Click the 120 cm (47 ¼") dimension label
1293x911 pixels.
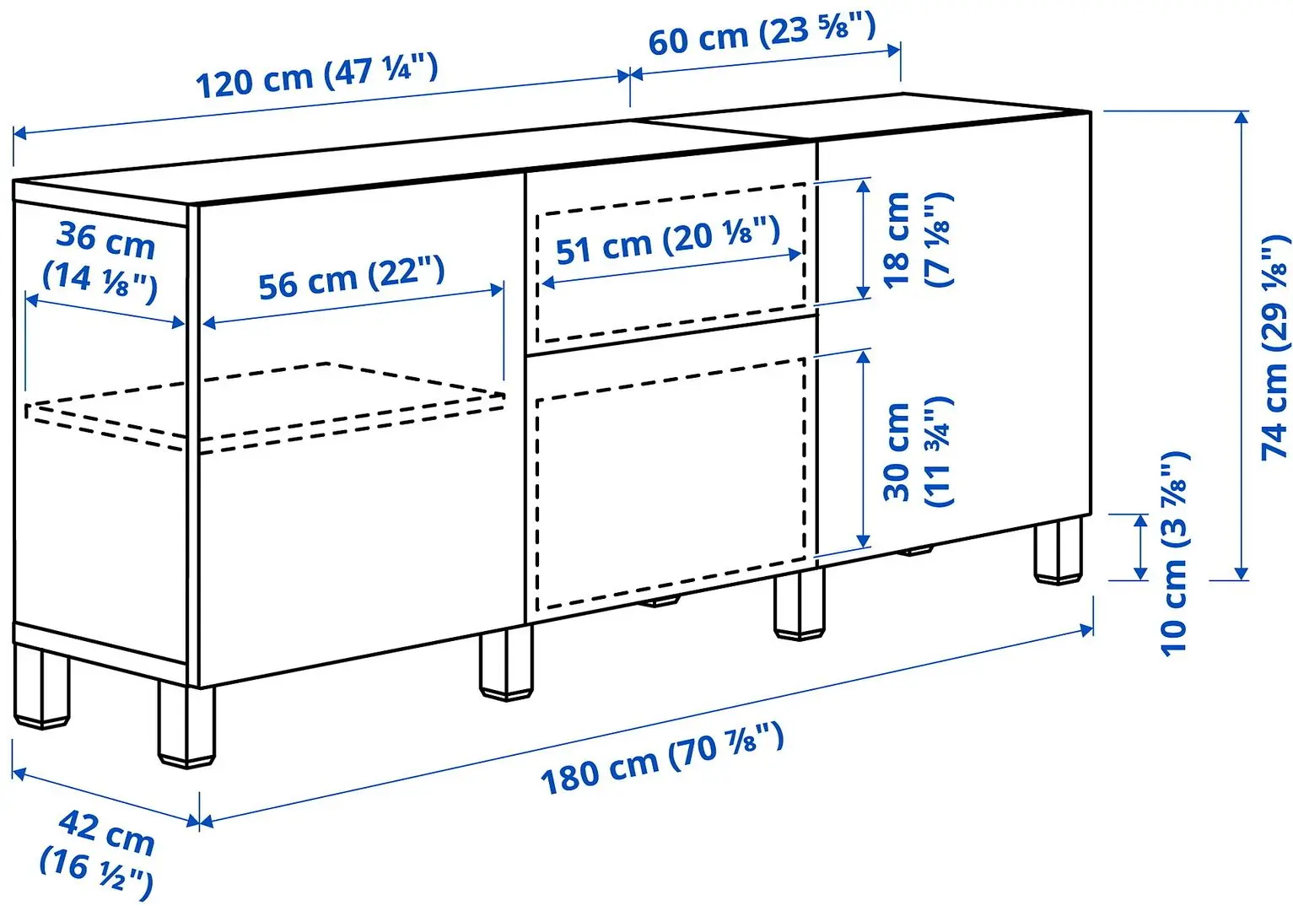(316, 76)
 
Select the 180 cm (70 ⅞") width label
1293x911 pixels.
(662, 758)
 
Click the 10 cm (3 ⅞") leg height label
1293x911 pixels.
(1174, 553)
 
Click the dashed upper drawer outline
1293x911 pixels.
(671, 263)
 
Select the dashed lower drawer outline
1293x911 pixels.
(671, 481)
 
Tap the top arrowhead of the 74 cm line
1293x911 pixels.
(1241, 116)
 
